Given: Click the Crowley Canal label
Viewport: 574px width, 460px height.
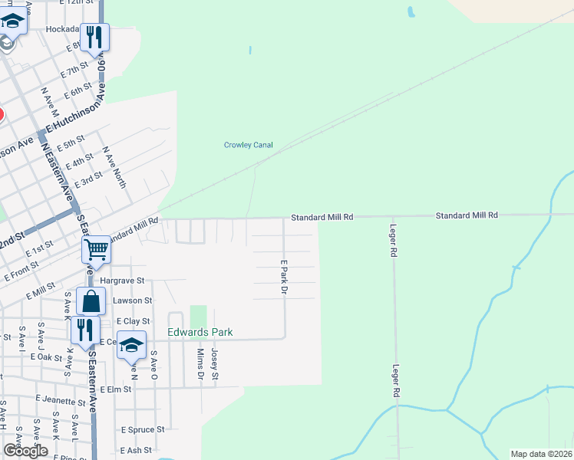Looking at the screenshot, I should (248, 145).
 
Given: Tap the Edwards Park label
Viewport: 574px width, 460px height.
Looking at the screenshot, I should (200, 333).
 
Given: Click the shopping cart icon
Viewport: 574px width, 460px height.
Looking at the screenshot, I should (96, 249).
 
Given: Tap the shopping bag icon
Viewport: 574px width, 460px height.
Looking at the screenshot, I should (91, 301).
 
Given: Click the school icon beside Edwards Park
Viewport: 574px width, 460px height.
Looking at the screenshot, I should (132, 346).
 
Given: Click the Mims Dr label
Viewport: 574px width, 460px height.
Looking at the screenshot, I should (200, 363).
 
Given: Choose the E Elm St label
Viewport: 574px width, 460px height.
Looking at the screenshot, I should (117, 389).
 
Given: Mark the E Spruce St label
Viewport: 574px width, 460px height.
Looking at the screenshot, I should (138, 430).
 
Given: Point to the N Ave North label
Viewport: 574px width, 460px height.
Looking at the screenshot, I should (114, 168).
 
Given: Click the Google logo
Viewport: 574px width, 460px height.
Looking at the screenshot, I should (25, 451).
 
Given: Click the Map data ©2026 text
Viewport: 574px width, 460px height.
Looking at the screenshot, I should (541, 454).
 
